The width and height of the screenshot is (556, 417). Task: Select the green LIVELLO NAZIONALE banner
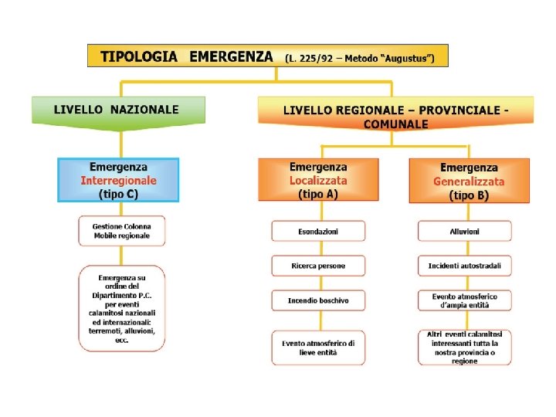(x=117, y=110)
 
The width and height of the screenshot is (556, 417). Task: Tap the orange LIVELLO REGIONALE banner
(x=395, y=116)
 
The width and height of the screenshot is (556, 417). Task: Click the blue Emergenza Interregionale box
(x=118, y=180)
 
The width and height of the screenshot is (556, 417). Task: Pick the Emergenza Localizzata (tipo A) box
(x=318, y=181)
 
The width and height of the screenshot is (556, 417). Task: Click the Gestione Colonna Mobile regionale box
(x=121, y=230)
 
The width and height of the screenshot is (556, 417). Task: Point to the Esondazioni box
(x=318, y=231)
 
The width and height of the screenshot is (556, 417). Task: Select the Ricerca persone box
(x=318, y=266)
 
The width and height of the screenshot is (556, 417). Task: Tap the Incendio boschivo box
(x=318, y=300)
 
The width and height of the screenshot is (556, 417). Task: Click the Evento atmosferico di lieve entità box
(x=318, y=347)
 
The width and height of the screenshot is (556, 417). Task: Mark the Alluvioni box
(x=465, y=231)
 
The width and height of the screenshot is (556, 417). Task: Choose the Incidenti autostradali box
(x=465, y=266)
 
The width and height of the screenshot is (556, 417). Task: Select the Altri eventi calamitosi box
(x=465, y=347)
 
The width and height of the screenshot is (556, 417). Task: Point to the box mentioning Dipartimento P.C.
(x=121, y=308)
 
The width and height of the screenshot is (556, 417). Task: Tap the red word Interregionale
(x=118, y=181)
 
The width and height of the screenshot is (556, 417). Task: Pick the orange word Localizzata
(x=318, y=181)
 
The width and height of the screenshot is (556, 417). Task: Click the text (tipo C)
(x=118, y=195)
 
